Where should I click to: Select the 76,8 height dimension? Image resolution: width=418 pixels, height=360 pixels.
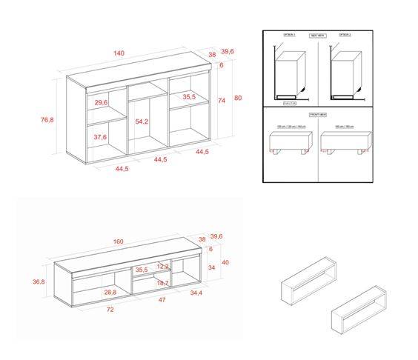pyautogui.click(x=47, y=119)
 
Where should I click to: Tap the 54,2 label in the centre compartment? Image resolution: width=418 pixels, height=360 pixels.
pyautogui.click(x=142, y=121)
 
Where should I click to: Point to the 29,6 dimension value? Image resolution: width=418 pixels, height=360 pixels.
pyautogui.click(x=102, y=102)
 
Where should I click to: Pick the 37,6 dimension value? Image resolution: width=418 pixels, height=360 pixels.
pyautogui.click(x=100, y=138)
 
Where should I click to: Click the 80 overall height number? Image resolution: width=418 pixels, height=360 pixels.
pyautogui.click(x=238, y=98)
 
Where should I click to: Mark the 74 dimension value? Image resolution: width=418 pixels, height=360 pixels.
pyautogui.click(x=221, y=100)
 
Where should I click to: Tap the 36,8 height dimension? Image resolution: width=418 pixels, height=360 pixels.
pyautogui.click(x=39, y=281)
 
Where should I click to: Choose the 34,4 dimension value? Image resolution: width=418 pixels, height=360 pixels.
pyautogui.click(x=196, y=294)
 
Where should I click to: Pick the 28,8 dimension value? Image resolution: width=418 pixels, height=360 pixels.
pyautogui.click(x=110, y=293)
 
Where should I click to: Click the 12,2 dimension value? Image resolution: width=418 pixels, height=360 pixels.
pyautogui.click(x=164, y=266)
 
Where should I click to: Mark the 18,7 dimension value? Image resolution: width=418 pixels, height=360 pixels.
pyautogui.click(x=162, y=283)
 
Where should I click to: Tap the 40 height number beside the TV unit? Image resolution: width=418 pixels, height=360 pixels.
pyautogui.click(x=225, y=263)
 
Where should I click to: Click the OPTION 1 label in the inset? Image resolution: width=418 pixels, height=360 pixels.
pyautogui.click(x=290, y=35)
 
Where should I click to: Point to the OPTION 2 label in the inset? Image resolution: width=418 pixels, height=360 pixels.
pyautogui.click(x=345, y=35)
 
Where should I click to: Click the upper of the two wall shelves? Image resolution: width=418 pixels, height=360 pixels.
pyautogui.click(x=311, y=281)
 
